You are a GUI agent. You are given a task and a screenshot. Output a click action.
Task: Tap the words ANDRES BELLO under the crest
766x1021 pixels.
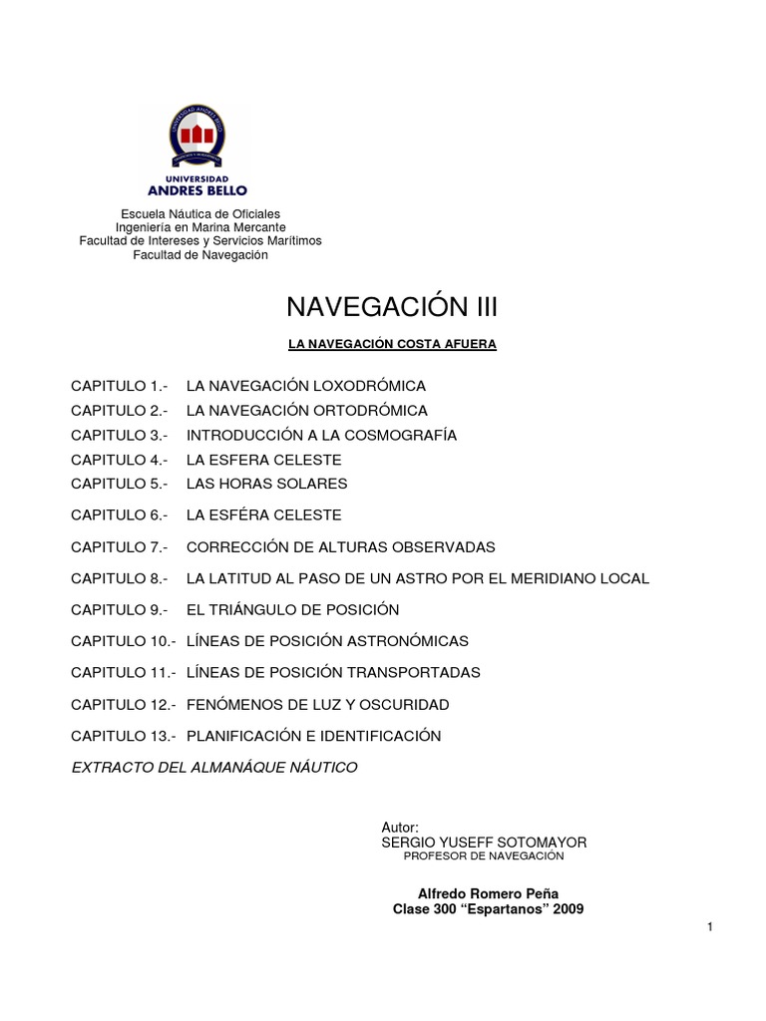(x=198, y=189)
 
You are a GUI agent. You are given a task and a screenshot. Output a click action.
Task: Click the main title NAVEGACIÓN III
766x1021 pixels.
(x=392, y=304)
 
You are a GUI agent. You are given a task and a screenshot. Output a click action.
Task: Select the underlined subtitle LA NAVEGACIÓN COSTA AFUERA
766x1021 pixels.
(x=392, y=344)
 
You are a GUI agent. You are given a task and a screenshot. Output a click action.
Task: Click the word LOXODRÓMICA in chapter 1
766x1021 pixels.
(x=368, y=385)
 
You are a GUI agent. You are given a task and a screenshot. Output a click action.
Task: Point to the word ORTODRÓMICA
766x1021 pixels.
(x=369, y=410)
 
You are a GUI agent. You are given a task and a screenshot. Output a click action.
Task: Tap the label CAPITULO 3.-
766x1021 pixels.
(x=117, y=435)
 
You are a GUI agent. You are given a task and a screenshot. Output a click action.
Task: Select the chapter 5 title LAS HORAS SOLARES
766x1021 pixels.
(x=266, y=484)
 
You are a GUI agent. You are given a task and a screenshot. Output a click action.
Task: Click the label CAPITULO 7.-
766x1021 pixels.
(x=117, y=547)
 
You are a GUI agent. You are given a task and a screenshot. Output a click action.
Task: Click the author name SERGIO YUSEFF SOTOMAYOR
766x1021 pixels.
(x=485, y=843)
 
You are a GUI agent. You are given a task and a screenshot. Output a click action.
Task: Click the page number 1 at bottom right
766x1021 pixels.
(x=710, y=928)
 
